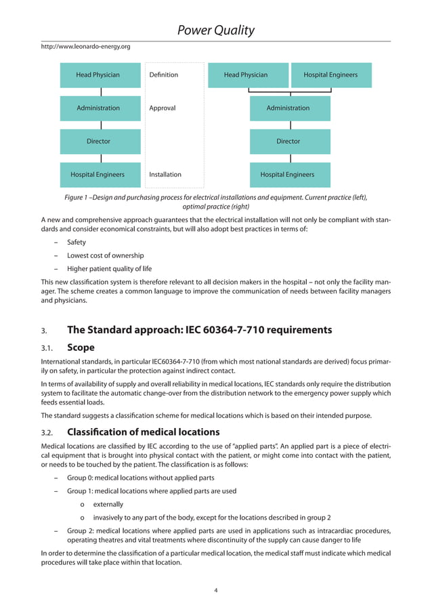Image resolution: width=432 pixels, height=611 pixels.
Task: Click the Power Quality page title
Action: click(215, 30)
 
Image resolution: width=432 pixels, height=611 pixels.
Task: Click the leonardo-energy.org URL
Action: click(85, 47)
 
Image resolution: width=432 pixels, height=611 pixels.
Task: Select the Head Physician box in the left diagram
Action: click(101, 75)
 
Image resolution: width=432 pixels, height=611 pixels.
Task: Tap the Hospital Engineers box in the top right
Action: click(330, 75)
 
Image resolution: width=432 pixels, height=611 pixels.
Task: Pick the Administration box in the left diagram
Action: click(101, 108)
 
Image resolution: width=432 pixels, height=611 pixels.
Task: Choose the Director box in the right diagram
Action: click(290, 142)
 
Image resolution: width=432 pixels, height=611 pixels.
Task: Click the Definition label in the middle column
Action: click(163, 75)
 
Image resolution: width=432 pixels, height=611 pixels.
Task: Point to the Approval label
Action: click(162, 108)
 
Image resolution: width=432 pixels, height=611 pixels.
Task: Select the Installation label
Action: click(165, 175)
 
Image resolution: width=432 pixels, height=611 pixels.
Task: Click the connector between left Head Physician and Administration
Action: click(101, 91)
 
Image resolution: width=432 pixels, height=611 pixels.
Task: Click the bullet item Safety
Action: click(76, 242)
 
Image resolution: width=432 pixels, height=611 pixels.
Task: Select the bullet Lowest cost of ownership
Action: click(105, 255)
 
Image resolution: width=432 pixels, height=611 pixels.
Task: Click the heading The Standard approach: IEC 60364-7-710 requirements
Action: click(199, 331)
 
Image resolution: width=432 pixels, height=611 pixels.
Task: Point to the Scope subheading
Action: click(81, 347)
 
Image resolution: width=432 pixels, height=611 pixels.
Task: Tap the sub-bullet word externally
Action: click(108, 505)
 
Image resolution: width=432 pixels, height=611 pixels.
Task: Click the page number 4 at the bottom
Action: click(215, 591)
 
